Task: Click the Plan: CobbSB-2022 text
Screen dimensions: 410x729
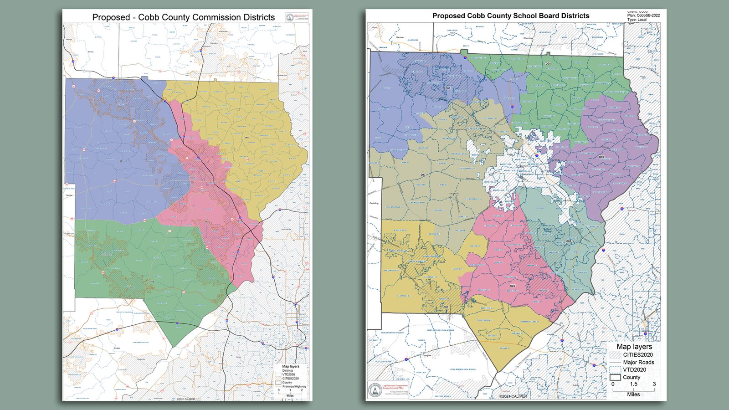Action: pos(643,15)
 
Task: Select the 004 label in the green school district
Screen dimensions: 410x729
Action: pos(548,64)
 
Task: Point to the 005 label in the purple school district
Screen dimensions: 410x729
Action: pos(601,157)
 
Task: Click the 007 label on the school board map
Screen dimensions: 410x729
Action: pos(423,174)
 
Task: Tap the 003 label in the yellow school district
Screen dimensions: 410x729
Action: pos(446,307)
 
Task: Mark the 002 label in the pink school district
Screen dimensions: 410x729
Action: pos(512,286)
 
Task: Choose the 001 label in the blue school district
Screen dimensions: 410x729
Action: pos(448,88)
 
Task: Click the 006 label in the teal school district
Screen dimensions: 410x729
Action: pos(569,241)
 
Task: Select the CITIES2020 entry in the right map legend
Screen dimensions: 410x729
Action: pos(638,355)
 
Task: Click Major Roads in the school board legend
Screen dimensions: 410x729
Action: pos(638,362)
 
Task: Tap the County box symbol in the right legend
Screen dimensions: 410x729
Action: pos(615,377)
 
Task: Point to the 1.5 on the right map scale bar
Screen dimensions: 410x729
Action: pos(633,384)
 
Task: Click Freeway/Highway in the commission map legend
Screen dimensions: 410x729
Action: pos(294,386)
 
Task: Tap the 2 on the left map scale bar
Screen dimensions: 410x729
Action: pos(302,390)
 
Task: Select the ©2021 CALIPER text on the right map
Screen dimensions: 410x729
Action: pos(513,396)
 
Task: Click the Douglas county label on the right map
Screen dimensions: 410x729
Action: pos(426,355)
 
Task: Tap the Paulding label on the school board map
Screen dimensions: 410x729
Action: pos(374,203)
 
